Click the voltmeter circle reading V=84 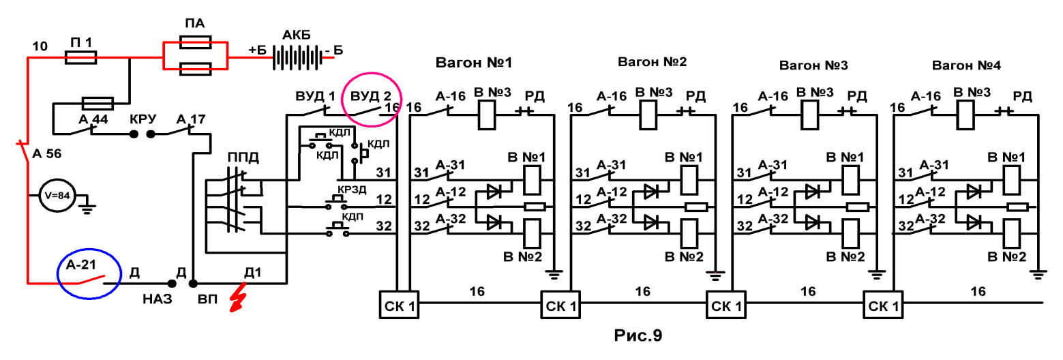(x=57, y=195)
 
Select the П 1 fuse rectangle (x=80, y=58)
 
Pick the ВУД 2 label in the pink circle (x=371, y=97)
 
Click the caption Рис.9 (x=638, y=335)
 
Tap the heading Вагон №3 (x=813, y=65)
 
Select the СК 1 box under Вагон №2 (x=560, y=305)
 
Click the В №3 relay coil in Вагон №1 (x=486, y=115)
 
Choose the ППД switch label (x=243, y=157)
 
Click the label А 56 (x=47, y=153)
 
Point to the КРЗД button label (x=352, y=190)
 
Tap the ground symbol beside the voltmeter (x=87, y=205)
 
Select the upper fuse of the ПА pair (x=196, y=43)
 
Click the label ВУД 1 (x=315, y=97)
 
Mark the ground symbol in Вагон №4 (x=1038, y=274)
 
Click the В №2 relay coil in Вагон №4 (x=1010, y=233)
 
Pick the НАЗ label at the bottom (x=157, y=299)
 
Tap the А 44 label (x=93, y=119)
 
